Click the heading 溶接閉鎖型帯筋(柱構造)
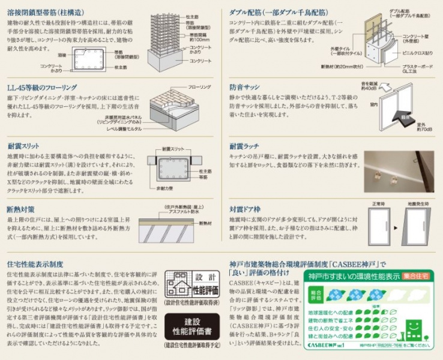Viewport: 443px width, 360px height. [45, 12]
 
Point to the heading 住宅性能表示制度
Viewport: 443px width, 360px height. [35, 264]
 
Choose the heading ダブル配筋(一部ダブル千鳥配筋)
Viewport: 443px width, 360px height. [279, 12]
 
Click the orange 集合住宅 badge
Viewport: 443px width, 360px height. [416, 276]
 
